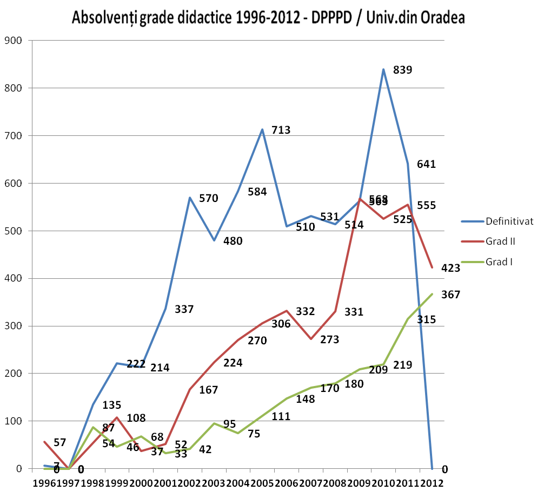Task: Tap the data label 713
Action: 281,130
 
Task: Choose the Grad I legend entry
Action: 499,262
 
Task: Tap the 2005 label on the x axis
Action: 262,482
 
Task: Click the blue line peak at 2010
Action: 383,69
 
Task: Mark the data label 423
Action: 450,268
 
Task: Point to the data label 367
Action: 450,295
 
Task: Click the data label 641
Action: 426,164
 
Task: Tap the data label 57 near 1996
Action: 60,442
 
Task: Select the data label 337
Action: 184,310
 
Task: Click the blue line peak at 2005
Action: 262,129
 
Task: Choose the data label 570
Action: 208,198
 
